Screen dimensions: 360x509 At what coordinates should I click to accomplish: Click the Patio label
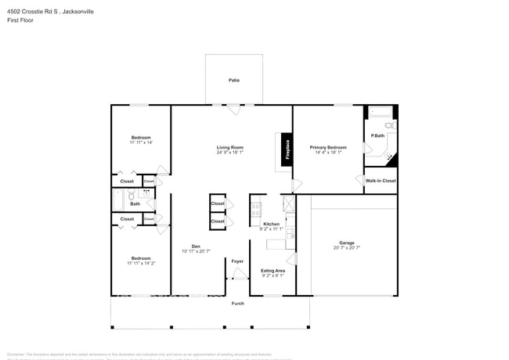[x=233, y=81]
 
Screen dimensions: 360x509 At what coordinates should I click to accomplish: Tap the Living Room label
[x=230, y=147]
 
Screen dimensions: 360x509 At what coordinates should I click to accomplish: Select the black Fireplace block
[x=286, y=150]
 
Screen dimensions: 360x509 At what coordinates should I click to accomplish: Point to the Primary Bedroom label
[x=328, y=147]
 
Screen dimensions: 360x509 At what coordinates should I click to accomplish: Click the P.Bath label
[x=377, y=135]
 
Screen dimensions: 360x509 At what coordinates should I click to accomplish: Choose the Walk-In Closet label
[x=381, y=181]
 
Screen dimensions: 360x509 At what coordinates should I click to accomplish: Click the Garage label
[x=346, y=243]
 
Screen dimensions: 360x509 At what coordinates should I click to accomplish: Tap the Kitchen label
[x=271, y=224]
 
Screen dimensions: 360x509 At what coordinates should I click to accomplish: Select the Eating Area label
[x=273, y=271]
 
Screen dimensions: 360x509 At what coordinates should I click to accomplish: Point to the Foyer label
[x=236, y=261]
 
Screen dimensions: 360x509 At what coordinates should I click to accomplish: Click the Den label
[x=196, y=247]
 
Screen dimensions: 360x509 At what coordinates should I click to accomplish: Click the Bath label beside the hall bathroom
[x=135, y=203]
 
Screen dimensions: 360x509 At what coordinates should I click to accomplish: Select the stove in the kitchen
[x=255, y=209]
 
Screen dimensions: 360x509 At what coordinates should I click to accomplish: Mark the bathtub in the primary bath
[x=381, y=112]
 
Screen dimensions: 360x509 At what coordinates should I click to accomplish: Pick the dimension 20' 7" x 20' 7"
[x=346, y=248]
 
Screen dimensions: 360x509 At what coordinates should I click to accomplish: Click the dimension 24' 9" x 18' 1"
[x=230, y=153]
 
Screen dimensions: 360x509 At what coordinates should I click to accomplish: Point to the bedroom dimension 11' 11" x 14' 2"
[x=141, y=264]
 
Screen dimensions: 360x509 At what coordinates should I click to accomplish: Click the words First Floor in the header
[x=20, y=21]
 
